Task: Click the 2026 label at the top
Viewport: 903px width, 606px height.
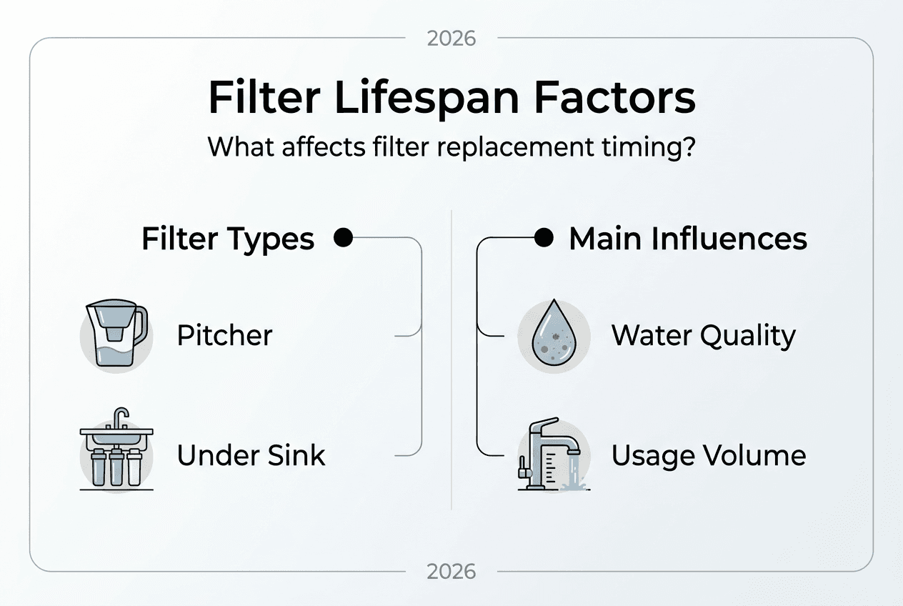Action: tap(451, 38)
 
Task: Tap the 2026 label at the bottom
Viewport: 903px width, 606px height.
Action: tap(451, 572)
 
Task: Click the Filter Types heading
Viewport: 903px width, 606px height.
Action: tap(228, 239)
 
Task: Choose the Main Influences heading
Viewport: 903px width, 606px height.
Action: tap(687, 239)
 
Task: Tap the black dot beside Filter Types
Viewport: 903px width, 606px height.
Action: tap(344, 238)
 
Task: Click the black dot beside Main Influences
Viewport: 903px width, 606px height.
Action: tap(544, 238)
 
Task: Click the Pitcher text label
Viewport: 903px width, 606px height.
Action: tap(224, 335)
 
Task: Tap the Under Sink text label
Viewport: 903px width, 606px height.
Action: tap(251, 455)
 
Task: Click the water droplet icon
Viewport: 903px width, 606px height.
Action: tap(554, 336)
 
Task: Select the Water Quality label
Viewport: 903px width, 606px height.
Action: tap(703, 335)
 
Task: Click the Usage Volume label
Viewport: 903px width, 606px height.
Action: tap(708, 455)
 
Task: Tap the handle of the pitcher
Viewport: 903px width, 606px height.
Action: tap(140, 325)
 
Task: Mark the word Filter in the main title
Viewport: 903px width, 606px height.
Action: tap(264, 98)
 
